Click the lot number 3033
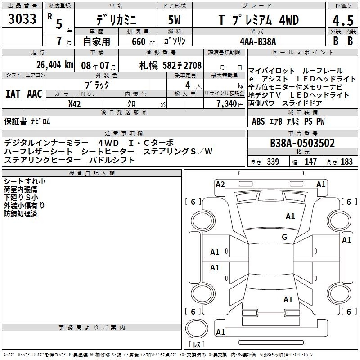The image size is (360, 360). [22, 19]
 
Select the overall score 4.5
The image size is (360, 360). [343, 21]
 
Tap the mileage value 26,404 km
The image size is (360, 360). [55, 65]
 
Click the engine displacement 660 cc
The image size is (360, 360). [143, 42]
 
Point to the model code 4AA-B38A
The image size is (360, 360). [258, 41]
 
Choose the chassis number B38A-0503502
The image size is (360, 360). [302, 143]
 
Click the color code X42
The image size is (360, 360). [74, 104]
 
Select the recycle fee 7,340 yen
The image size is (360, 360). [230, 104]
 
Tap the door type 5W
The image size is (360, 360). [174, 20]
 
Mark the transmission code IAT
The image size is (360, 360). [13, 94]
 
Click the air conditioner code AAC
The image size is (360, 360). [35, 94]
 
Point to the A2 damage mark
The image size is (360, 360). [220, 184]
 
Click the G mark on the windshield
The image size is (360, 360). [284, 237]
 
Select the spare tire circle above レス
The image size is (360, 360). [197, 329]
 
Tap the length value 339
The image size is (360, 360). [273, 162]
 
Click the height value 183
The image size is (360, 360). [346, 162]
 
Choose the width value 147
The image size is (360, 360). [310, 162]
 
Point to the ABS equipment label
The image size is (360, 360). [258, 121]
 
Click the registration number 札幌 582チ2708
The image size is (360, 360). [171, 66]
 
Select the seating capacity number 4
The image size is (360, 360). [188, 85]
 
